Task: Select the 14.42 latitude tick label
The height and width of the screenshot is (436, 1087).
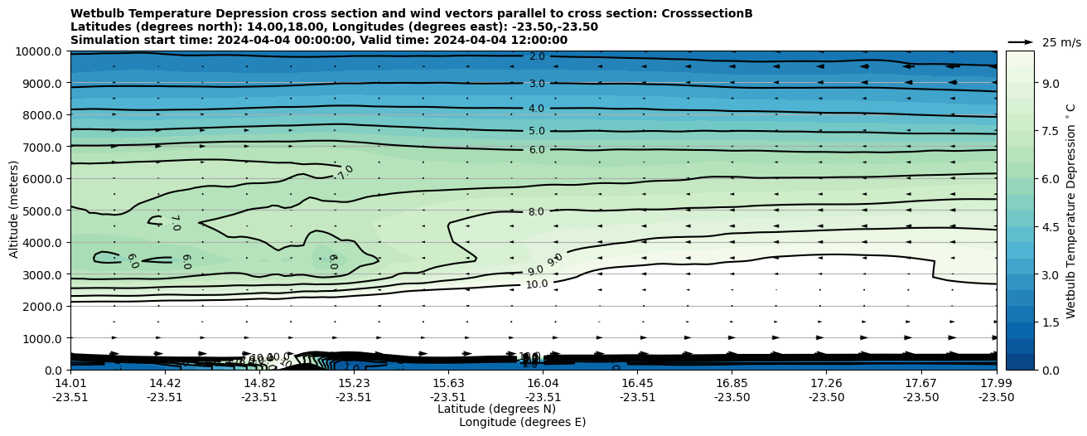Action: tap(165, 383)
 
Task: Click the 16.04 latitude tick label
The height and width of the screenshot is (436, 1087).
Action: tap(543, 383)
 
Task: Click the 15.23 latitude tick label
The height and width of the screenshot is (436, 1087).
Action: tap(354, 383)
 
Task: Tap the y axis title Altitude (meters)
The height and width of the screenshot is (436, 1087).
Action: tap(14, 211)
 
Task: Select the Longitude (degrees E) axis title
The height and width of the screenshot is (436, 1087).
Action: tap(522, 422)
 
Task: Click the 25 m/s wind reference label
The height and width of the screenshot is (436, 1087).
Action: tap(1061, 42)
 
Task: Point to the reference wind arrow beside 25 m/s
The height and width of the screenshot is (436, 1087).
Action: tap(1021, 42)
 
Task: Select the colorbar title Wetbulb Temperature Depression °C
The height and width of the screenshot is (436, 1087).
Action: tap(1070, 211)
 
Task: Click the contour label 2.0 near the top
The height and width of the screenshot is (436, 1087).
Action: tap(537, 56)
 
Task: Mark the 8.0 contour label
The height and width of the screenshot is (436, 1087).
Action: tap(536, 212)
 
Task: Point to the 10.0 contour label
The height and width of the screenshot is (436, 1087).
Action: tap(537, 284)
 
